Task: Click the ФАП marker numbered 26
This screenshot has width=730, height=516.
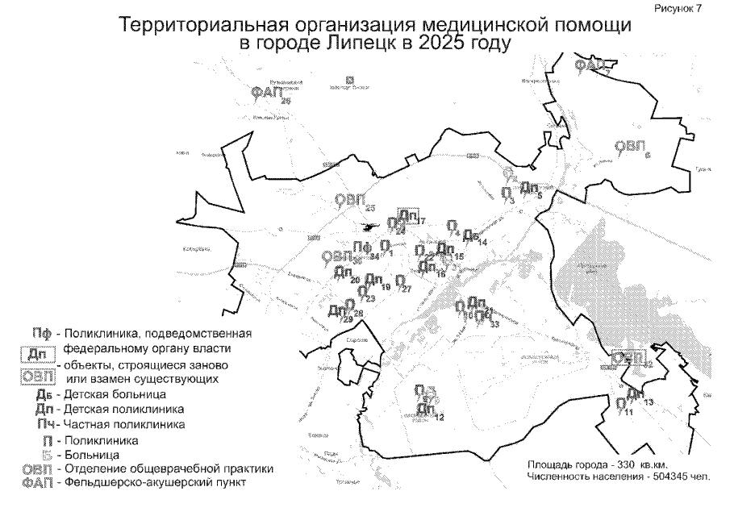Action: [266, 94]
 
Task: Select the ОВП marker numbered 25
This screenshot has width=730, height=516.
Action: [351, 200]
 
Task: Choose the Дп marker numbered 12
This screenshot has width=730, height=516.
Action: [427, 410]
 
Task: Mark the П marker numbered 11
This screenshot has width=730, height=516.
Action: [620, 404]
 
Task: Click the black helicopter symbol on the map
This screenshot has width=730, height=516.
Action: [372, 227]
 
